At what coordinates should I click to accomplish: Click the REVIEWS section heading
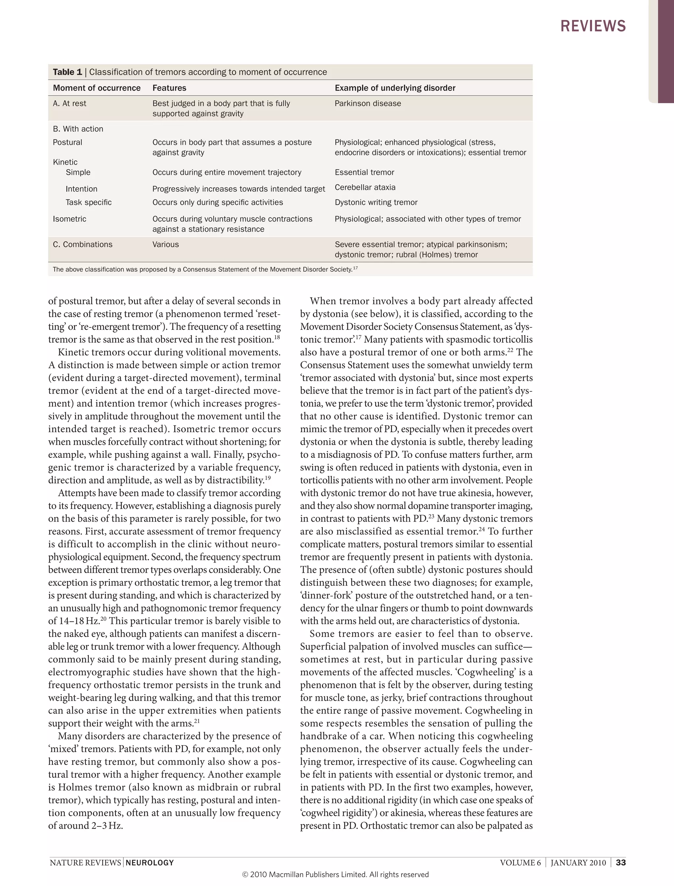[593, 26]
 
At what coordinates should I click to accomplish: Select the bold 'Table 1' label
[67, 72]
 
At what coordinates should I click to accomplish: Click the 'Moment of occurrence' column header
[97, 88]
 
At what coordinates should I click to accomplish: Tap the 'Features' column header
[169, 88]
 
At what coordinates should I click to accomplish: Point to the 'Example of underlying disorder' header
[395, 88]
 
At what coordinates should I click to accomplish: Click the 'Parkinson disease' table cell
[368, 104]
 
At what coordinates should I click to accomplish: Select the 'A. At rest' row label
[69, 104]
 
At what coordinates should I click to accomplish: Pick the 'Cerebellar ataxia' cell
[365, 187]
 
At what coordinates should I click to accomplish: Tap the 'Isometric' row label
[69, 219]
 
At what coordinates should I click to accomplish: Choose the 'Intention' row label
[81, 189]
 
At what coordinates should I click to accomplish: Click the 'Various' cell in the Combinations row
[166, 244]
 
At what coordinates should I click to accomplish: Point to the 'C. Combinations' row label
[83, 244]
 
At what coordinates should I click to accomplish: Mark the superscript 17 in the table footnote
[355, 268]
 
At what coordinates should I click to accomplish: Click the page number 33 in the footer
[621, 863]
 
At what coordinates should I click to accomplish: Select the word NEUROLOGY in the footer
[150, 863]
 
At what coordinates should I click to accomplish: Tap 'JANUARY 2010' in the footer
[578, 863]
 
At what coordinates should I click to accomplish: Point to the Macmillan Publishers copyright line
[335, 875]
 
